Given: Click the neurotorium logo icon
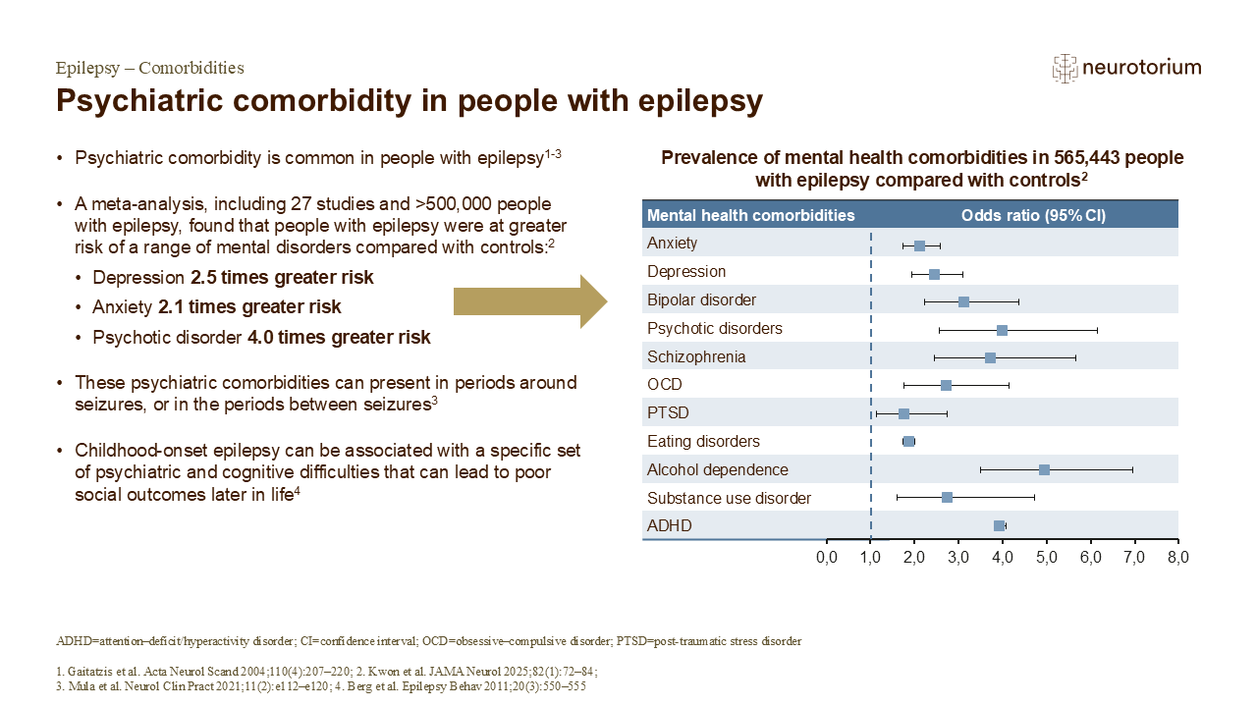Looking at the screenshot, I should pos(1065,68).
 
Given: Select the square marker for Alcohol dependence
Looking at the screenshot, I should pos(1044,470).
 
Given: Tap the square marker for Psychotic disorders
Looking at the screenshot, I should pos(1002,329).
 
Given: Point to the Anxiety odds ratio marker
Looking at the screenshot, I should pos(919,245).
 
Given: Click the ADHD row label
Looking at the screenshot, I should pos(669,526).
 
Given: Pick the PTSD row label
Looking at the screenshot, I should pos(668,413).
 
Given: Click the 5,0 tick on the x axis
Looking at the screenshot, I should pos(1046,558).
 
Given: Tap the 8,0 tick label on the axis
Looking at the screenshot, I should pos(1177,558).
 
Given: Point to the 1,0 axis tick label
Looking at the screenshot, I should pos(870,558).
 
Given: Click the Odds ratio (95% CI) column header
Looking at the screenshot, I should pos(1033,215).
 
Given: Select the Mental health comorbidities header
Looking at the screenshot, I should pos(750,215).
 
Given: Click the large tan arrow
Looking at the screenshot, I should pos(531,301).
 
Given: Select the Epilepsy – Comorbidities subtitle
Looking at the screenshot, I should pos(149,68).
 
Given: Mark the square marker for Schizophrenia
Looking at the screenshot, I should pos(990,357).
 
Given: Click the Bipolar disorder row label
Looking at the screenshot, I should pos(701,299).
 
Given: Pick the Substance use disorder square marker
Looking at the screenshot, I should pos(947,498).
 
